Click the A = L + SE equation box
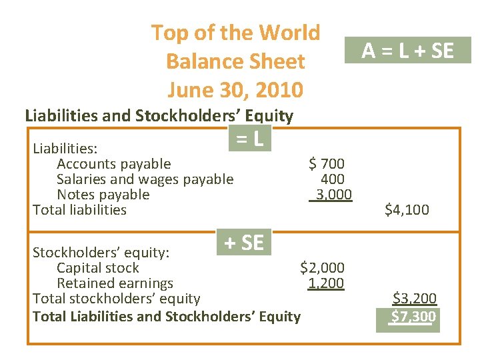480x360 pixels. tap(407, 50)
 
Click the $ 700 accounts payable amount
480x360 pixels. tap(326, 163)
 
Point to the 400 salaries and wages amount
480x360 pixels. tap(332, 179)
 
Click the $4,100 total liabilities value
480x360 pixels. tap(407, 210)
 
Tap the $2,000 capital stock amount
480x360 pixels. tap(322, 268)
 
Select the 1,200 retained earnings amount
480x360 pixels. tap(325, 283)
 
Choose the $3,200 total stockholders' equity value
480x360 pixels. tap(414, 299)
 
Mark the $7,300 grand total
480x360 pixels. tap(413, 316)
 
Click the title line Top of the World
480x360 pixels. tap(235, 32)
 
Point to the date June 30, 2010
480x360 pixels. tap(235, 89)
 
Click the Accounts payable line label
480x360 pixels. tap(113, 164)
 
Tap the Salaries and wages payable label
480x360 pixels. tap(145, 179)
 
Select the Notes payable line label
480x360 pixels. tap(103, 195)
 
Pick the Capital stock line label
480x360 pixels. tap(97, 268)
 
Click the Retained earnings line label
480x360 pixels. tap(115, 283)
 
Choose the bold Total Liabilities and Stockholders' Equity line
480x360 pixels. tap(167, 317)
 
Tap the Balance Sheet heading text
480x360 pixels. tap(235, 61)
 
